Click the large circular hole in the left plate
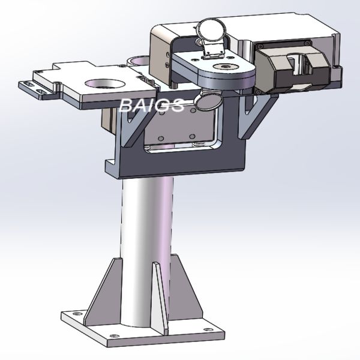(101, 82)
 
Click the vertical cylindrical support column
(146, 240)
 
